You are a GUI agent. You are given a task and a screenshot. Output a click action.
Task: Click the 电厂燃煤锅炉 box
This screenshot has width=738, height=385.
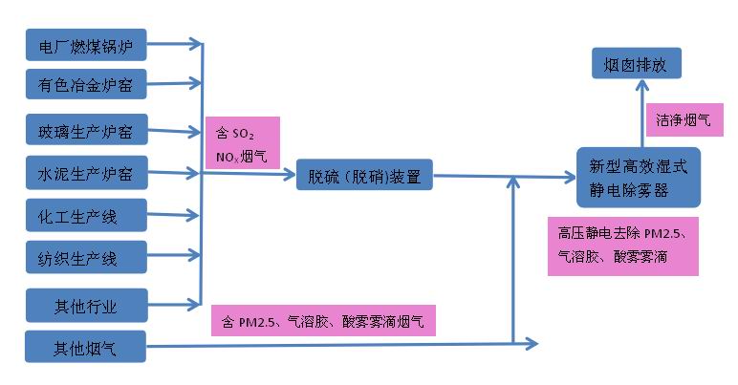(x=86, y=44)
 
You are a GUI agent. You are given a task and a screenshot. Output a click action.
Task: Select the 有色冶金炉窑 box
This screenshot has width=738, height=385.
(x=86, y=86)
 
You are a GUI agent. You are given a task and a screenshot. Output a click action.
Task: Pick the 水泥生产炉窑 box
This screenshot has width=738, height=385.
(x=86, y=175)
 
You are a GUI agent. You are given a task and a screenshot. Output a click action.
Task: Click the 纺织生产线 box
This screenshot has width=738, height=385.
(x=86, y=257)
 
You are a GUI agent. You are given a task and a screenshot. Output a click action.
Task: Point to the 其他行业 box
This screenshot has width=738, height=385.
(x=86, y=306)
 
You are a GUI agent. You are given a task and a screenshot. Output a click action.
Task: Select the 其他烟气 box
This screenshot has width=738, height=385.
(x=86, y=346)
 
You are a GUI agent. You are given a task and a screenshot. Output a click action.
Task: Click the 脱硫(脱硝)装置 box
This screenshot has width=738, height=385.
(x=364, y=176)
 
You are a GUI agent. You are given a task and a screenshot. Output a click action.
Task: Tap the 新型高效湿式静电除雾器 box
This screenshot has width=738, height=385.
(x=638, y=178)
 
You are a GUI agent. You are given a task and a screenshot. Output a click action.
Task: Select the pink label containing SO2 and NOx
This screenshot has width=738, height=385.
(x=242, y=143)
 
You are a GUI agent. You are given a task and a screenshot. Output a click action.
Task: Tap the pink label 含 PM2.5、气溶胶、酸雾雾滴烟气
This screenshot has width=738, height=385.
(x=322, y=319)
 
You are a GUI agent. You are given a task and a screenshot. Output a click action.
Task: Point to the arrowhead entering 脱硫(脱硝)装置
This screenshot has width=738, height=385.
(x=290, y=175)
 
